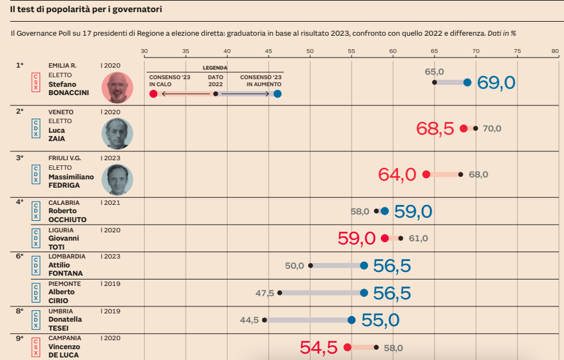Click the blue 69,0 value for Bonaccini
pos(496,82)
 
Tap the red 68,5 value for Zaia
pos(435,128)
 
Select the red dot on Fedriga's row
pos(426,174)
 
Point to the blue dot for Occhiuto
pos(385,211)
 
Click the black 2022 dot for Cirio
pos(279,293)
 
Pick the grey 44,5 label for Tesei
pos(249,320)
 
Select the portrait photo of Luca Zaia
pos(117,133)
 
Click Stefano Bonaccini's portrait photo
pos(117,87)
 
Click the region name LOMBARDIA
pos(67,257)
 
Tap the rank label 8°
pos(19,311)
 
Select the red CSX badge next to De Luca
pos(36,347)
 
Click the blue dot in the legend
pos(277,94)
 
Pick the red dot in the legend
pos(153,94)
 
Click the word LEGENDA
pos(215,68)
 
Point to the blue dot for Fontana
pos(364,266)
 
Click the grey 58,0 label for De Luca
pos(393,349)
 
